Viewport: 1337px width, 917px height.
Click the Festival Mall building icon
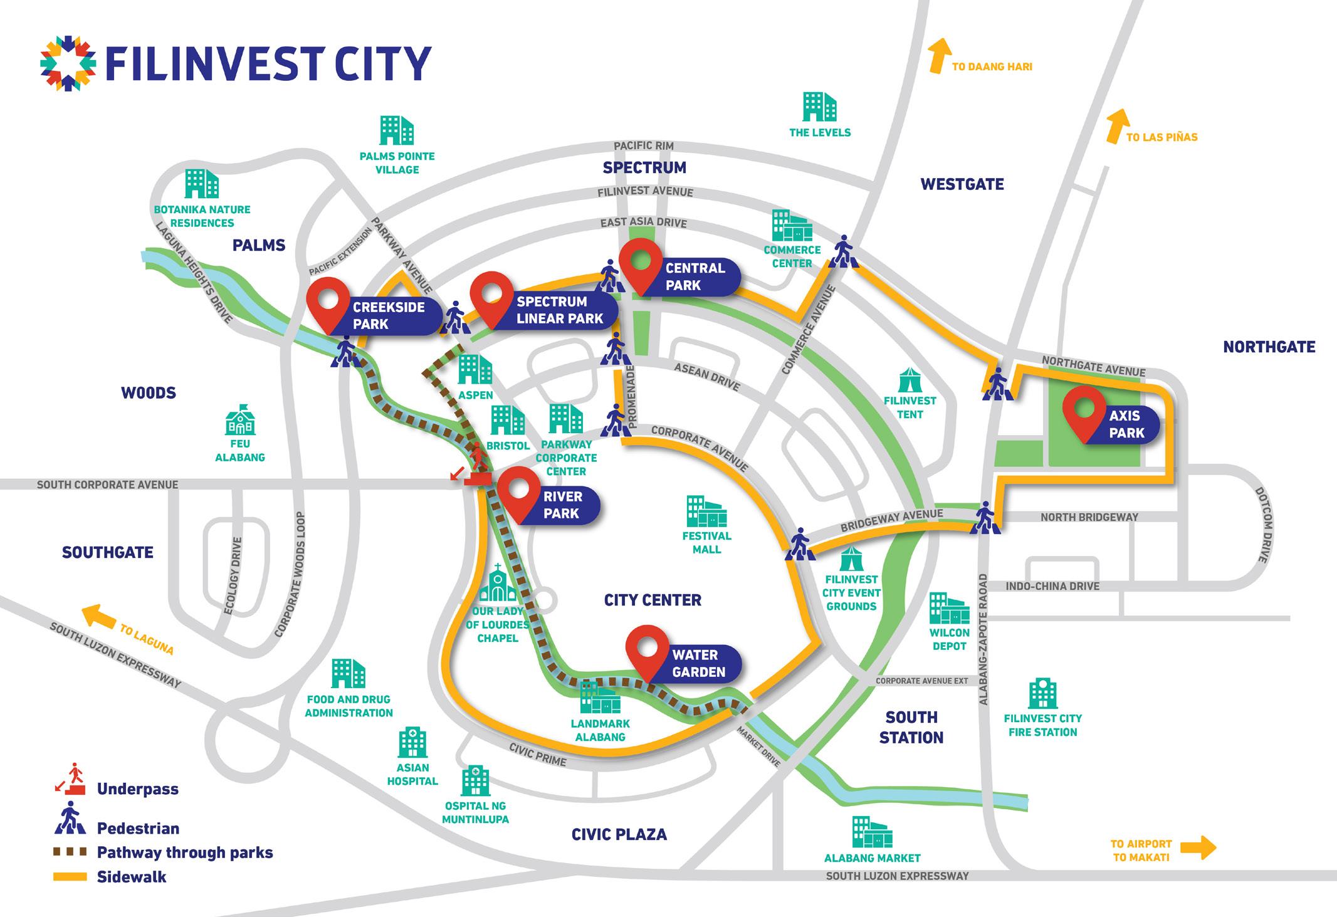click(x=707, y=511)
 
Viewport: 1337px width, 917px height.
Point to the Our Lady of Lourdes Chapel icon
click(x=498, y=584)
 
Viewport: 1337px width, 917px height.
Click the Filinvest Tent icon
click(x=909, y=380)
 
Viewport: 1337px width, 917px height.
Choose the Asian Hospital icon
click(x=412, y=743)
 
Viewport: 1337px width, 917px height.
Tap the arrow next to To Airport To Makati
click(x=1198, y=849)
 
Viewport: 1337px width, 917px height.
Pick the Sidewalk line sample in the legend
click(x=70, y=877)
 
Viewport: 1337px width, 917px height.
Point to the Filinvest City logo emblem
click(x=68, y=63)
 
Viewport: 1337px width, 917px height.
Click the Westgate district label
click(x=962, y=184)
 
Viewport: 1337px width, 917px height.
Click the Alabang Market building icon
click(x=872, y=831)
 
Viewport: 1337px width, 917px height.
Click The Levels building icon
click(x=819, y=107)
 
